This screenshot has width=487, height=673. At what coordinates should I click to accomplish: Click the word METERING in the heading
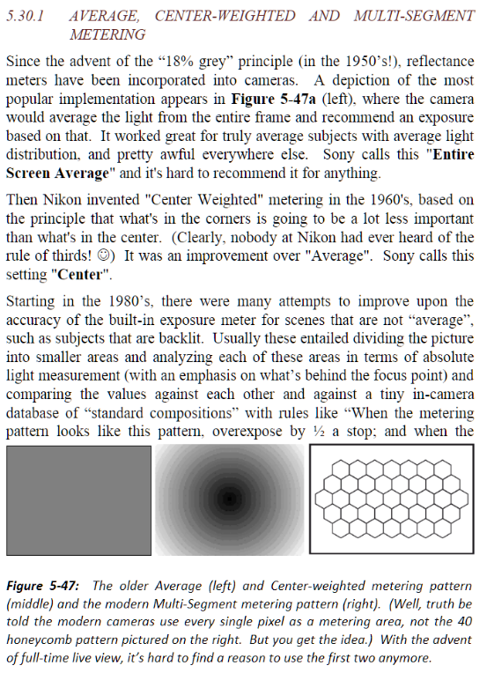tap(107, 34)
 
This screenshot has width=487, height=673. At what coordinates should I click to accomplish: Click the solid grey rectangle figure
tap(78, 499)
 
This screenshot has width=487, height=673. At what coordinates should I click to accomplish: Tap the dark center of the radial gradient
tap(229, 499)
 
